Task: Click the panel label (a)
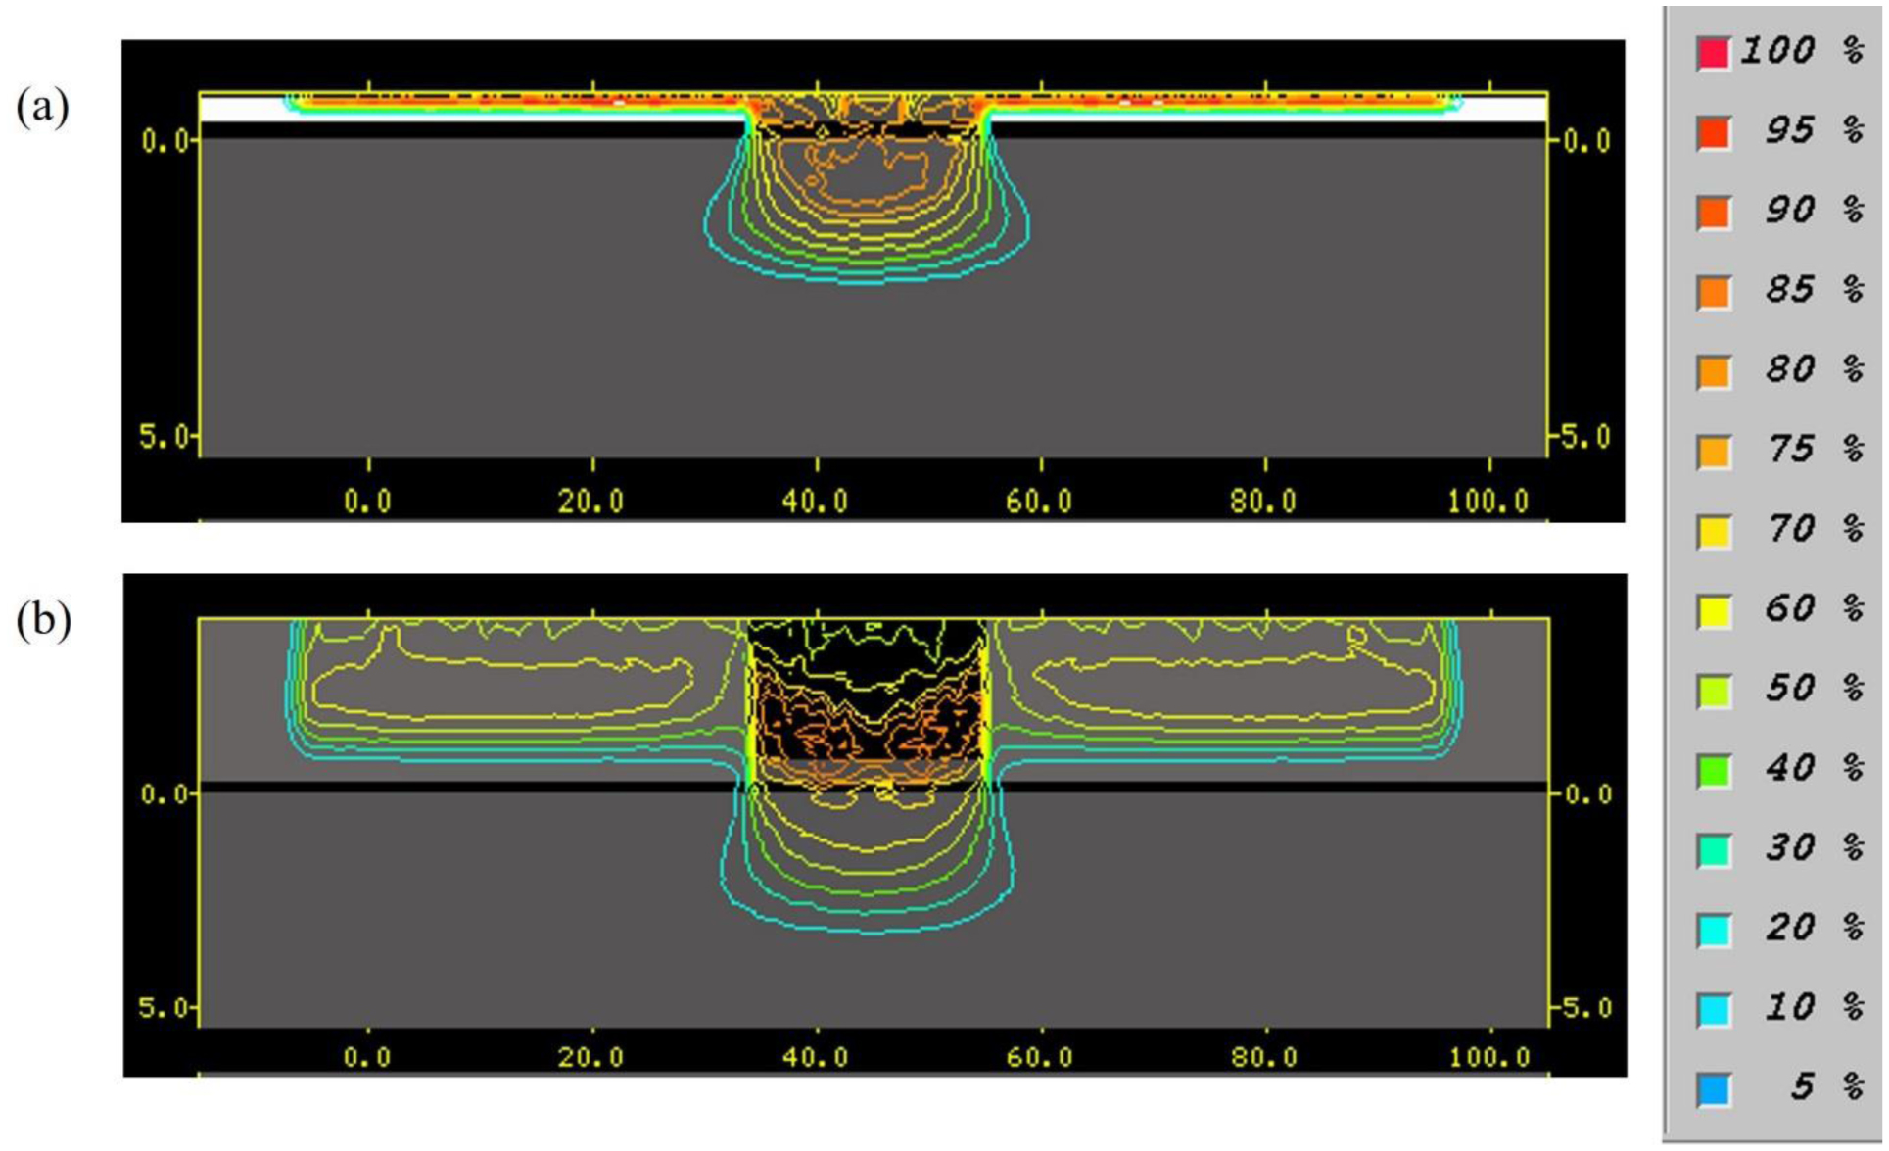42,107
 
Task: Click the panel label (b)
43,621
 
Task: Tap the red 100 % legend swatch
1713,53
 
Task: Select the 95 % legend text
1815,130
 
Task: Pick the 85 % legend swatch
1713,292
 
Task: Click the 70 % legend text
1815,529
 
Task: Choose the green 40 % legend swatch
1713,770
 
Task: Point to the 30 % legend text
1815,847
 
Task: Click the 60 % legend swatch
1713,611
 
